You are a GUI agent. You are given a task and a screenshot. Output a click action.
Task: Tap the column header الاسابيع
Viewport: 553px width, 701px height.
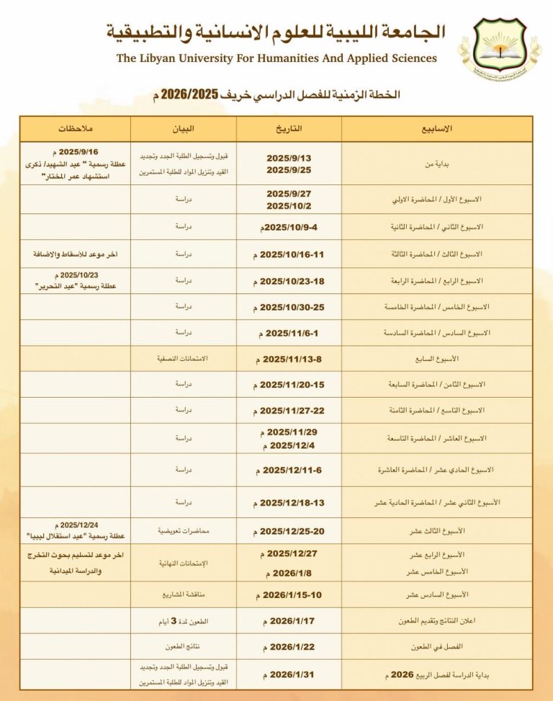pyautogui.click(x=436, y=129)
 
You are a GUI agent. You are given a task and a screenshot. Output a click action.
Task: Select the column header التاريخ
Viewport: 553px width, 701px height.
pyautogui.click(x=289, y=129)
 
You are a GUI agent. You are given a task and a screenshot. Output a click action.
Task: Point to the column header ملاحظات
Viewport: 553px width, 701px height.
pyautogui.click(x=75, y=129)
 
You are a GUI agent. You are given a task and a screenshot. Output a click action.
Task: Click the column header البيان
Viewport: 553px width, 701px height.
pyautogui.click(x=183, y=129)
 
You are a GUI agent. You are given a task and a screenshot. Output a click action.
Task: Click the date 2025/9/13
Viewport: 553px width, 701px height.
pyautogui.click(x=289, y=158)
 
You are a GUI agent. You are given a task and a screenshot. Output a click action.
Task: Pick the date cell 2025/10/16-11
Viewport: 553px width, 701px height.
pyautogui.click(x=289, y=254)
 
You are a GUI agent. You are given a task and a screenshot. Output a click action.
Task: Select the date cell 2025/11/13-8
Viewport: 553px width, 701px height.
pyautogui.click(x=289, y=358)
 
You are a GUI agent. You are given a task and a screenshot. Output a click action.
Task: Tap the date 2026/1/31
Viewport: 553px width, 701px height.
pyautogui.click(x=289, y=674)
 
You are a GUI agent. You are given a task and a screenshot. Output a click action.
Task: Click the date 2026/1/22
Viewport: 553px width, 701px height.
pyautogui.click(x=289, y=646)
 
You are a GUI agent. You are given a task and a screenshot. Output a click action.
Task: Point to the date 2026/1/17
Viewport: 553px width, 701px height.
pyautogui.click(x=289, y=620)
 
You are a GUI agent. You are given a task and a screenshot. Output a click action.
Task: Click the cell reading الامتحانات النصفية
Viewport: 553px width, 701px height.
pyautogui.click(x=183, y=358)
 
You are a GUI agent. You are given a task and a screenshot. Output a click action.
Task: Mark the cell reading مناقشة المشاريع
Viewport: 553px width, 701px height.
pyautogui.click(x=183, y=594)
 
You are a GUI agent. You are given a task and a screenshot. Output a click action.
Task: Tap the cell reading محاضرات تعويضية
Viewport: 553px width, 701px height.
pyautogui.click(x=183, y=531)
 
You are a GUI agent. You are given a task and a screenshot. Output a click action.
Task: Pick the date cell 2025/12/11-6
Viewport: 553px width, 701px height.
pyautogui.click(x=289, y=470)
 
